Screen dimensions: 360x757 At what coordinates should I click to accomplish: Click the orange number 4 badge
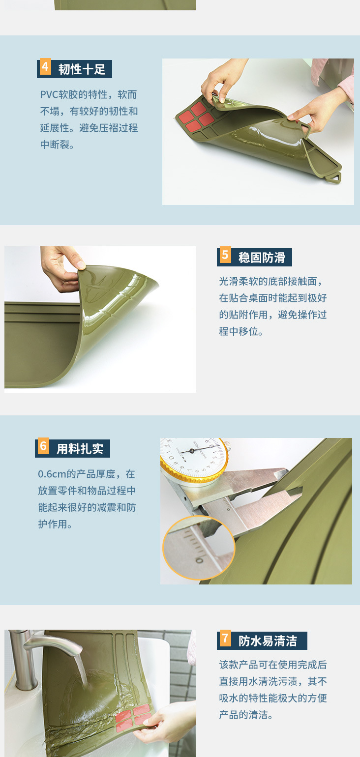pos(45,67)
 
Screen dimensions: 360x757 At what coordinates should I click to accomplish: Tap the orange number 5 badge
pos(225,255)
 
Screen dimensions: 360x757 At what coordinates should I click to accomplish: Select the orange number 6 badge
pos(43,446)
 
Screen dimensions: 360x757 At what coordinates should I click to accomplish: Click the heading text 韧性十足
pos(82,70)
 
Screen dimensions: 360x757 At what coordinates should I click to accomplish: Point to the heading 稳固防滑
pos(262,258)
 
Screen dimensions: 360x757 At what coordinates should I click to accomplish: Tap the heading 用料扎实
pos(80,449)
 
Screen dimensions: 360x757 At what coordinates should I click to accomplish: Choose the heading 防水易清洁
pos(268,641)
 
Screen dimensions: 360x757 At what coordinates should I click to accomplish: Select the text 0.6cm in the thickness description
pos(52,474)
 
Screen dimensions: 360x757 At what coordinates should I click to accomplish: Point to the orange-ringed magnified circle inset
pos(199,548)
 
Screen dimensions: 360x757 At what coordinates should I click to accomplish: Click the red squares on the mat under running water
pos(133,717)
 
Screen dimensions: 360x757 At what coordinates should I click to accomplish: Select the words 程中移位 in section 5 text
pos(239,331)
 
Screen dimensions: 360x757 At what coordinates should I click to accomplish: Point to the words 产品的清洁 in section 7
pos(243,715)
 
